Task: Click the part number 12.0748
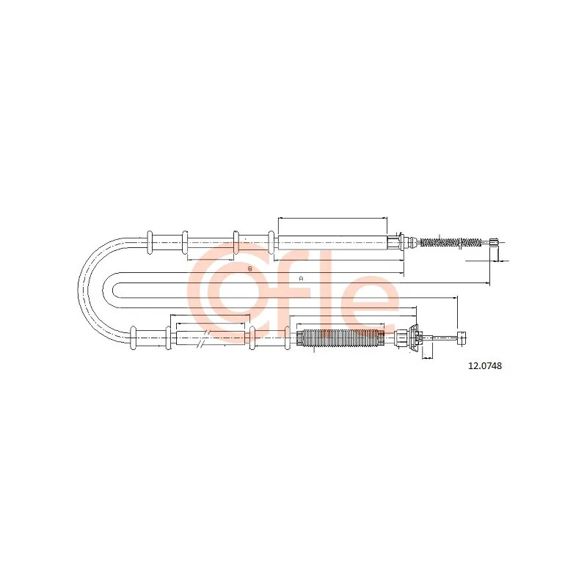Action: pyautogui.click(x=485, y=365)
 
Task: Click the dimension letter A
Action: pyautogui.click(x=301, y=279)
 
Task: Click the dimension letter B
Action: pyautogui.click(x=250, y=269)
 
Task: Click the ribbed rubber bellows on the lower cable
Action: pyautogui.click(x=340, y=338)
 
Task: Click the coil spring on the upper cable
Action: pyautogui.click(x=451, y=242)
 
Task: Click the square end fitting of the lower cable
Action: pyautogui.click(x=462, y=338)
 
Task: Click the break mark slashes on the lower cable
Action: pyautogui.click(x=203, y=339)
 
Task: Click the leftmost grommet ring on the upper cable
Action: pyautogui.click(x=150, y=243)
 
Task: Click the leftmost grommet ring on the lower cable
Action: pyautogui.click(x=133, y=338)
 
